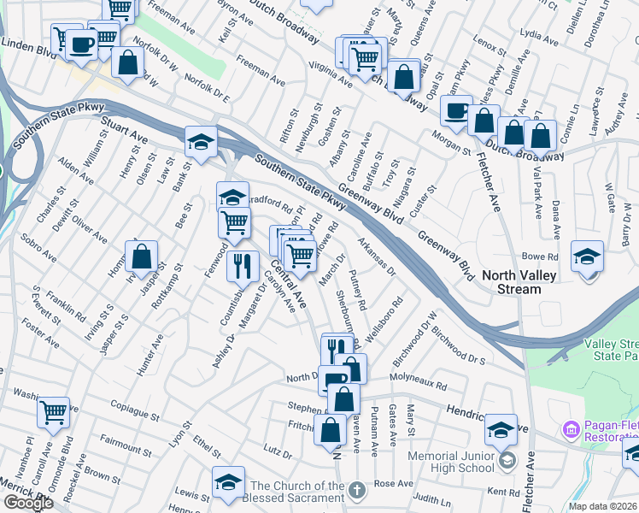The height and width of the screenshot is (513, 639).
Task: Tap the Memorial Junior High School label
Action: point(452,462)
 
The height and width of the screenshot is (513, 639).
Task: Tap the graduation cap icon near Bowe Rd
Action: point(587,257)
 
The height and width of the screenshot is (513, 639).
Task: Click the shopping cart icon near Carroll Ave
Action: point(54,412)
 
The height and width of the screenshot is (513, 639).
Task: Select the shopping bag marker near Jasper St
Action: point(142,256)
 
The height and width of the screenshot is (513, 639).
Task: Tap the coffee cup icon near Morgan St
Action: point(456,111)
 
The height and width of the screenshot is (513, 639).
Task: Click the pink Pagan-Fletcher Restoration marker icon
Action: point(569,428)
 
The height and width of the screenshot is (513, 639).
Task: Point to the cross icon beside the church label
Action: point(358,491)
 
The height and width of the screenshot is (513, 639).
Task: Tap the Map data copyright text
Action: point(602,506)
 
